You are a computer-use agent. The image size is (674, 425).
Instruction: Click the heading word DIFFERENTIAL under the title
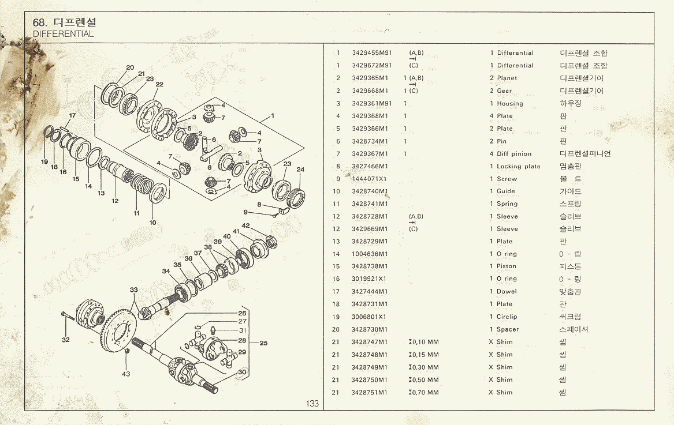click(64, 34)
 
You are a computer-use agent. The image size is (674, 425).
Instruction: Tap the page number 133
click(312, 404)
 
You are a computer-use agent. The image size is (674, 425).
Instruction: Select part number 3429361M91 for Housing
click(371, 104)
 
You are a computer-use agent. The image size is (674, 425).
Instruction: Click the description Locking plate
click(519, 167)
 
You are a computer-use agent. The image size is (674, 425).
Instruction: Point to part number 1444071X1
click(369, 179)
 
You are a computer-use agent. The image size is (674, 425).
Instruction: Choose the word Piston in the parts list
click(507, 266)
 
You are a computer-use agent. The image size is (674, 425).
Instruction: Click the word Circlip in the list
click(507, 317)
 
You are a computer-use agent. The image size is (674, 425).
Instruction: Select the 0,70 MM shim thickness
click(424, 393)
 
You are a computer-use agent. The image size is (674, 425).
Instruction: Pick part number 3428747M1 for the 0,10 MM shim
click(369, 342)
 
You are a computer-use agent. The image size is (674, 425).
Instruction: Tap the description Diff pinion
click(514, 154)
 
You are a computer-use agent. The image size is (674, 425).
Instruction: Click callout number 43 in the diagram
click(126, 374)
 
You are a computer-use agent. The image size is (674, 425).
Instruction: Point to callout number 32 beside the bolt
click(66, 340)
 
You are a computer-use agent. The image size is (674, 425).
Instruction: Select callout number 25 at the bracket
click(263, 343)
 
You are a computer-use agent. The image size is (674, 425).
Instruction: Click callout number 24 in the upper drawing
click(300, 170)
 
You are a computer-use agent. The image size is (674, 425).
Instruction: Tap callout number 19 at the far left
click(44, 162)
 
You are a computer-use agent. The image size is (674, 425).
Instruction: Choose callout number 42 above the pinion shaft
click(245, 225)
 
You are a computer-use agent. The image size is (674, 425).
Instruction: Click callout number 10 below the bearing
click(152, 222)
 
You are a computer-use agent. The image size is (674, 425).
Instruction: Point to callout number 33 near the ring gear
click(134, 290)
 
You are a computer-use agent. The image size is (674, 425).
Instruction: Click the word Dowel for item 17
click(507, 292)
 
